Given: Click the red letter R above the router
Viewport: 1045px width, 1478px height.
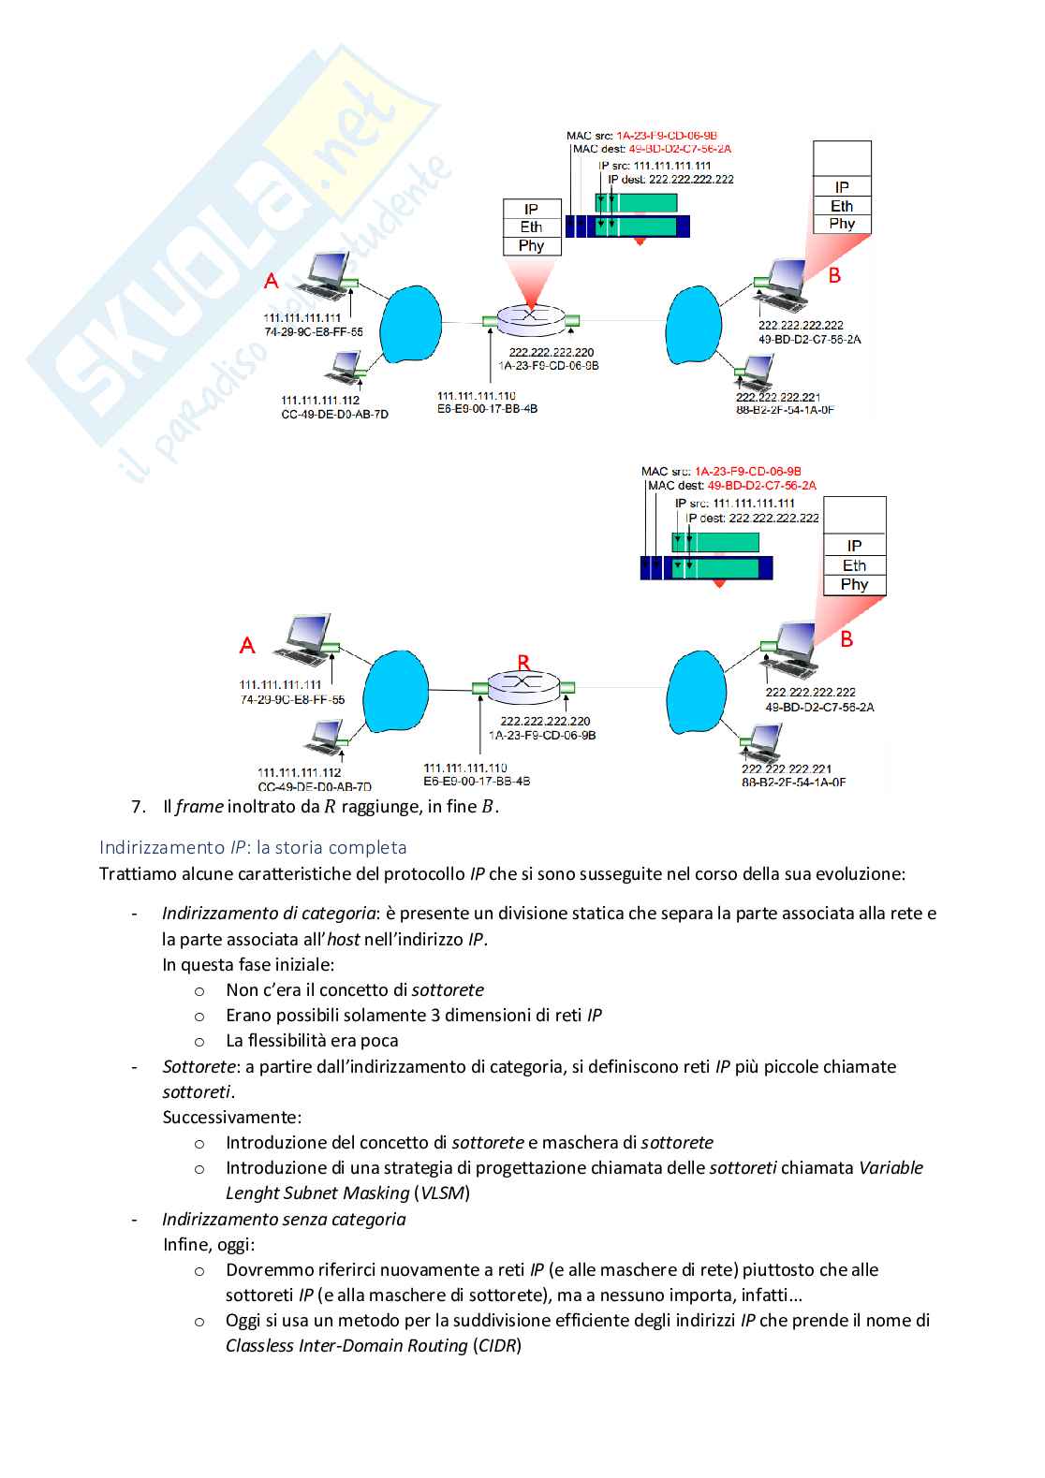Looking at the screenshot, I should [523, 663].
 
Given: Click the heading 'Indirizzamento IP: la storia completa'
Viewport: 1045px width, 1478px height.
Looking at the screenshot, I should [253, 847].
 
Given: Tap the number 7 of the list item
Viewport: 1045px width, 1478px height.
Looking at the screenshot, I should [139, 807].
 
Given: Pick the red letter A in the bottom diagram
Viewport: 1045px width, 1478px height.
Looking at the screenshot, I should [247, 645].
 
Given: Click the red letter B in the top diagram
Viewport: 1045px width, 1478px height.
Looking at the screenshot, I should [834, 275].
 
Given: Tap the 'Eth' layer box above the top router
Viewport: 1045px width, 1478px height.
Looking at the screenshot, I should [531, 227].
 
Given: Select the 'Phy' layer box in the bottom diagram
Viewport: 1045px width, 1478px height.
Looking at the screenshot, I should [854, 585].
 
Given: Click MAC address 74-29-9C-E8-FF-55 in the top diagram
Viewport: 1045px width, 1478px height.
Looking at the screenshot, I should [314, 332].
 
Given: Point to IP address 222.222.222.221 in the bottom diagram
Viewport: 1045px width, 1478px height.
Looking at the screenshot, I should [787, 769].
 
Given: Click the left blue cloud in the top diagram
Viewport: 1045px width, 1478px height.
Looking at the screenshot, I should [410, 323].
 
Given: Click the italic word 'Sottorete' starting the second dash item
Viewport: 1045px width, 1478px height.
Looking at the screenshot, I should [199, 1067].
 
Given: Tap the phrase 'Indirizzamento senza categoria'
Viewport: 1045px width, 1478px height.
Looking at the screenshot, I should [284, 1220].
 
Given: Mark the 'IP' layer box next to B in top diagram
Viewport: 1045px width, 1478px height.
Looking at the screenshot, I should [842, 187].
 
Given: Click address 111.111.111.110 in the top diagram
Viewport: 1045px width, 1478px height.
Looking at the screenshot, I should [476, 396].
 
